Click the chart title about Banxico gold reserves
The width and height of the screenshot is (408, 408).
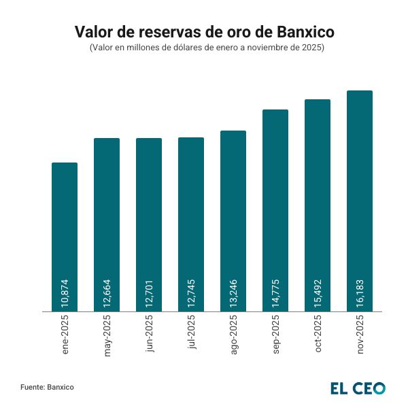(x=204, y=32)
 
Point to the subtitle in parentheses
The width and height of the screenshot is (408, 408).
(x=204, y=48)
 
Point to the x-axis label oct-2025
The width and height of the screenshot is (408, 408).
(x=318, y=338)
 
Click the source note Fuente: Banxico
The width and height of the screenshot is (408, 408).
(x=47, y=387)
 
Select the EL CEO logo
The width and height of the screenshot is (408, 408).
(x=358, y=388)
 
